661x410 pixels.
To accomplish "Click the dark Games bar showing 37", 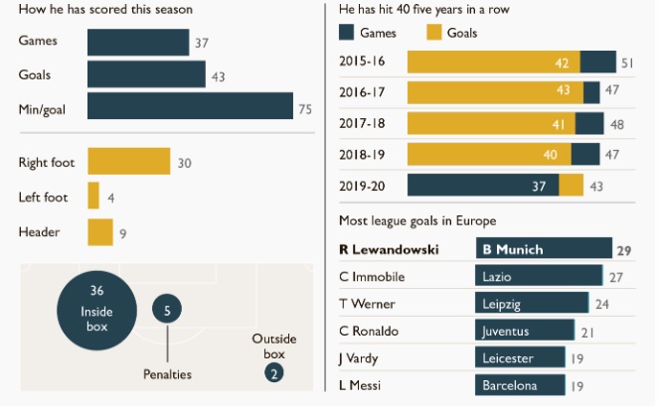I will (x=137, y=43).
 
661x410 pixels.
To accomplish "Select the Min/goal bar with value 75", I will (x=190, y=106).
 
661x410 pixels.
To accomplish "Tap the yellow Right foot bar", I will (x=128, y=163).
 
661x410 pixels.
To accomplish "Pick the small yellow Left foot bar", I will (x=93, y=197).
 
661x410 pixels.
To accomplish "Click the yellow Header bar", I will (x=100, y=231).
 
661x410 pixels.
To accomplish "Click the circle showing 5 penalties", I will (x=167, y=311).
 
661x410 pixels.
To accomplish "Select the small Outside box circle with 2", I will (x=272, y=374).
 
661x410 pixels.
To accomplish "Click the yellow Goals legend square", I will (x=433, y=33).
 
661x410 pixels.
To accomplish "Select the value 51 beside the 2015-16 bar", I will (x=627, y=63).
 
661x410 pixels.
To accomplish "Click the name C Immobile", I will (x=373, y=277).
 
